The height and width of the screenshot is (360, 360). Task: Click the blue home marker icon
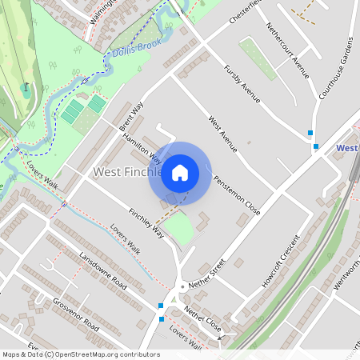click(x=180, y=174)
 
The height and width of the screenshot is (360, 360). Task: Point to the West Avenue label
click(x=222, y=133)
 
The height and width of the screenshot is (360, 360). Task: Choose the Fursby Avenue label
click(x=242, y=84)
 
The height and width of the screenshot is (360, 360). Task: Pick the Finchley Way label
click(x=146, y=223)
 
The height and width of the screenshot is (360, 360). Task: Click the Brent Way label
click(x=130, y=117)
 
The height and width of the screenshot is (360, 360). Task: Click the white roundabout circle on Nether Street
click(x=182, y=286)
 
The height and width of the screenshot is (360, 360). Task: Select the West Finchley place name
click(x=128, y=172)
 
